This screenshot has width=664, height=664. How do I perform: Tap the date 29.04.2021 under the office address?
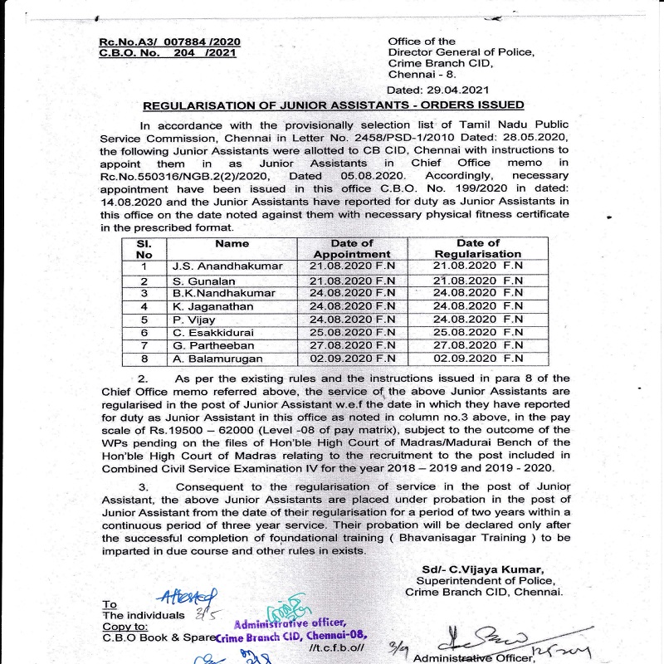coord(438,90)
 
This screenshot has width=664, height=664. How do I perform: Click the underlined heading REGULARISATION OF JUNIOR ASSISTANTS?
coord(334,105)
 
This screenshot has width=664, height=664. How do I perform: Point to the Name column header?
coord(232,244)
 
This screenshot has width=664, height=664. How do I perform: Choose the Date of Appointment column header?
coord(352,248)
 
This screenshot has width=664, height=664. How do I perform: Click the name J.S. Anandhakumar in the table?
coord(227,266)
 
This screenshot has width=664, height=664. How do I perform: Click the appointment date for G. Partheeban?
coord(352,345)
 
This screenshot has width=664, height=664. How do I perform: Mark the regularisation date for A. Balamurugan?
coord(478,359)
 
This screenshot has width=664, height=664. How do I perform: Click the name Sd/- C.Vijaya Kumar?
coord(482,569)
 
